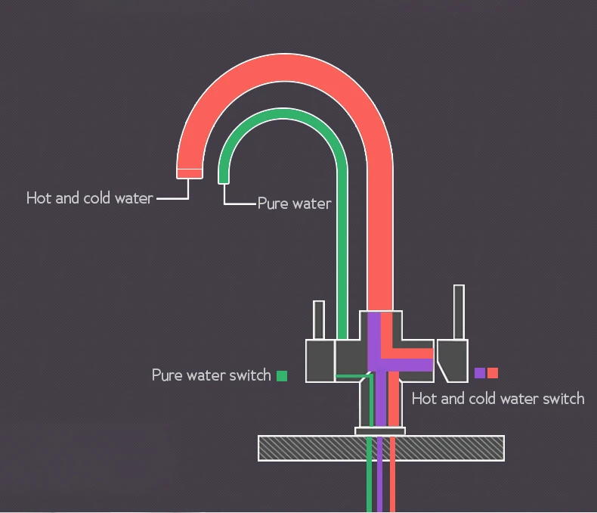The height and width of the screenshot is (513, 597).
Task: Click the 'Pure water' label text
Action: coord(294,204)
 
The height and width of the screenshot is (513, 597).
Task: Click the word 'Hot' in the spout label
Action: coord(39,198)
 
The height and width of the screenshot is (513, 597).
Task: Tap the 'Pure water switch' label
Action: coord(211,375)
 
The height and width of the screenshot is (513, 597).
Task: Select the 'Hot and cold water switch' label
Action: coord(497,399)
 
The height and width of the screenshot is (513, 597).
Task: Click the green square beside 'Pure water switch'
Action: coord(282,375)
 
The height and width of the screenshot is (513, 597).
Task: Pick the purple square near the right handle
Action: coord(480,373)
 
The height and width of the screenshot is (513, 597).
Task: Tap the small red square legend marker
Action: coord(493,373)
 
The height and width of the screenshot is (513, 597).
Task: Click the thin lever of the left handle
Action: coord(319,320)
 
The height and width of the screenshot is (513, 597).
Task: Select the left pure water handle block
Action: coord(319,360)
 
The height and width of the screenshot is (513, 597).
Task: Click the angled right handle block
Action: coord(452,360)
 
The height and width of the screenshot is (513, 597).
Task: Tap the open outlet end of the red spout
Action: coord(189,173)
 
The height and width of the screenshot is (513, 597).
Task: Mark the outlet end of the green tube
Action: coord(223,179)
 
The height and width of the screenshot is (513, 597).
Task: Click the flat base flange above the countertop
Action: coord(380,431)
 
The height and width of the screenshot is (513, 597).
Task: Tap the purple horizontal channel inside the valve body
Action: coord(408,365)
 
